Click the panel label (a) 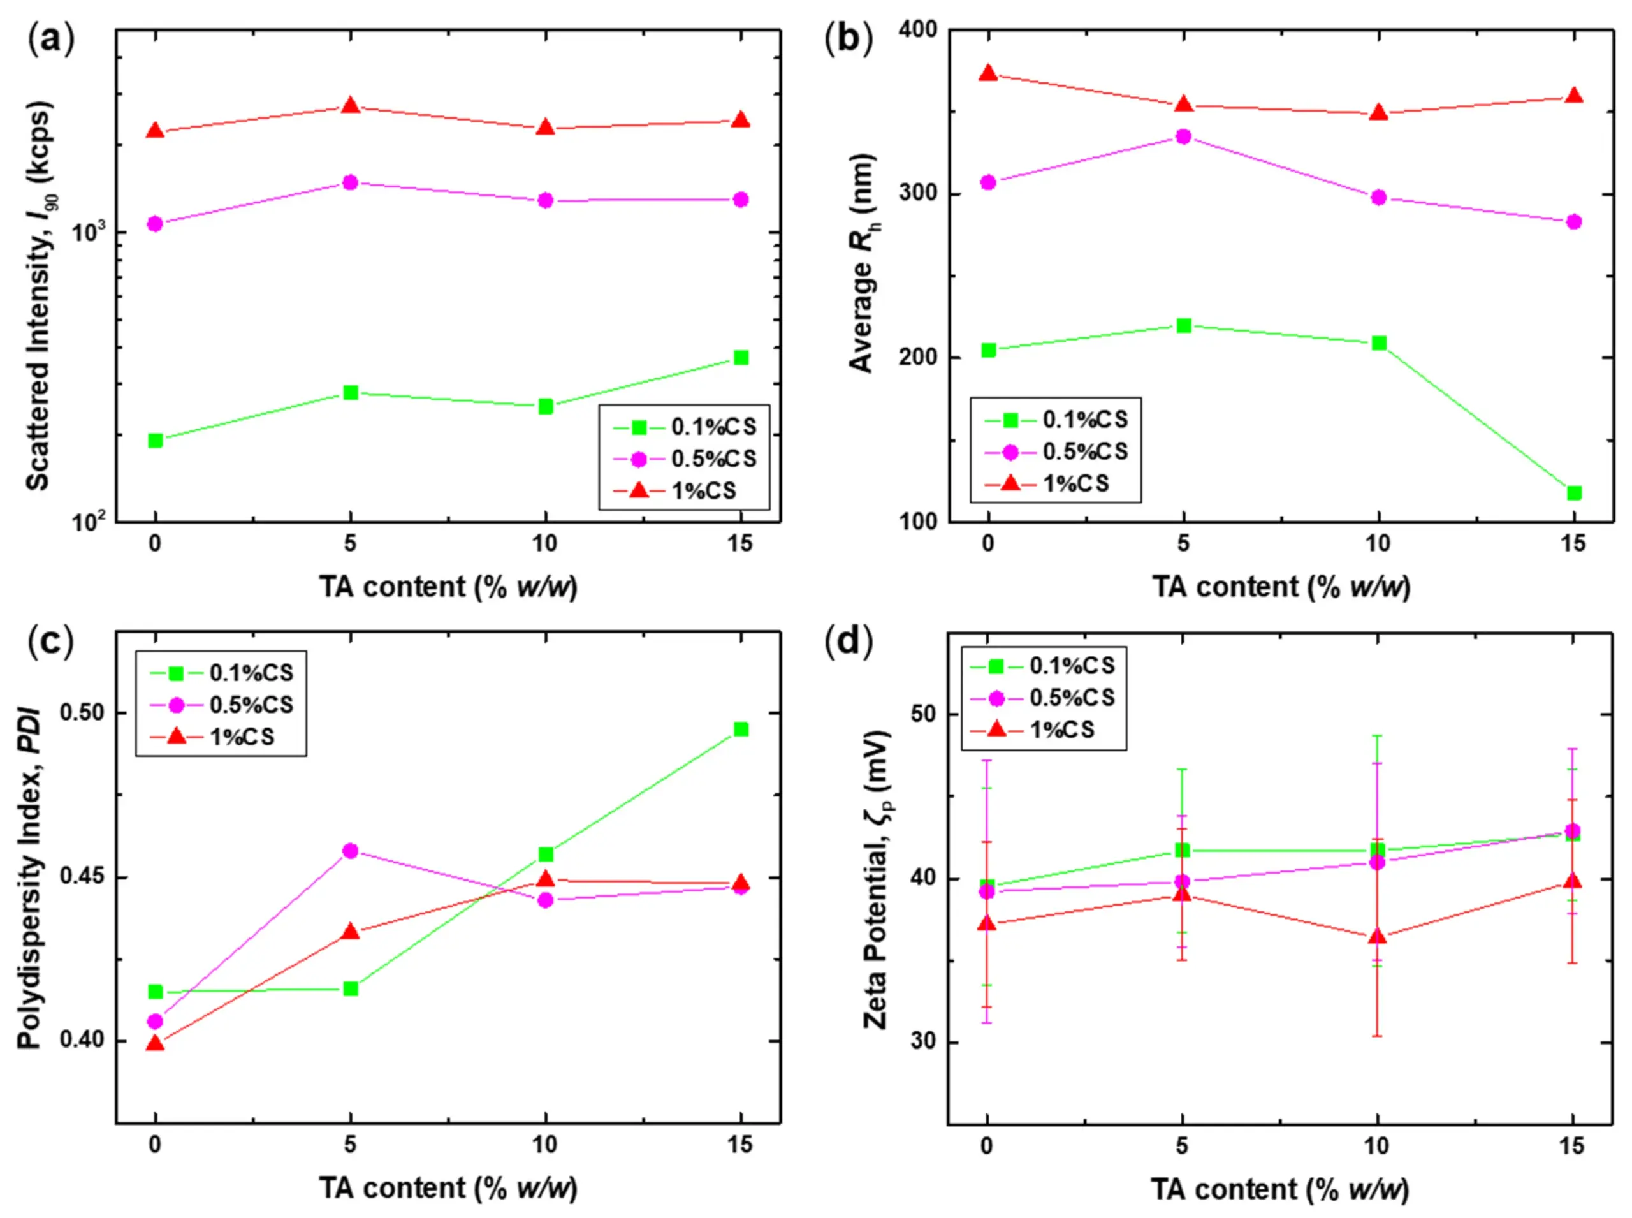(51, 38)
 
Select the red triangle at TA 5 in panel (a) (351, 106)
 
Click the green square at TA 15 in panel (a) (741, 358)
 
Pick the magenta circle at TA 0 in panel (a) (156, 223)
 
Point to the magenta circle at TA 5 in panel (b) (1184, 136)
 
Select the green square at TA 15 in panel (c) (741, 729)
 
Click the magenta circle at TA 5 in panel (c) (351, 851)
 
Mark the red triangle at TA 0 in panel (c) (156, 1043)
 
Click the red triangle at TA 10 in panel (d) (1377, 937)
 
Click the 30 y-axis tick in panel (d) (921, 1041)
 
